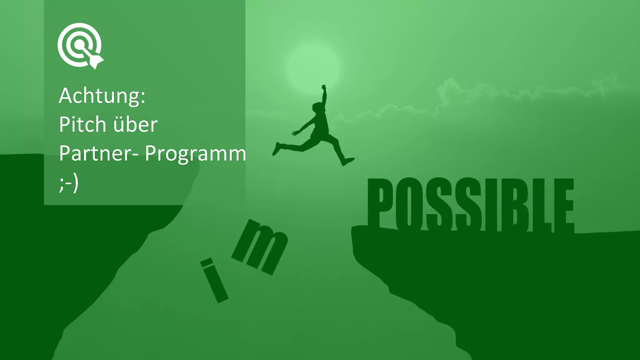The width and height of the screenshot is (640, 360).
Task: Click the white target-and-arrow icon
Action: [80, 46]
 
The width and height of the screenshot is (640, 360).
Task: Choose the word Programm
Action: [195, 154]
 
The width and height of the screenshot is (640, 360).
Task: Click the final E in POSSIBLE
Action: [564, 206]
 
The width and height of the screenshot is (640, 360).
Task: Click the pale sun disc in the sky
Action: [313, 69]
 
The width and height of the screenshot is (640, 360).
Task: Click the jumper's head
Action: [317, 107]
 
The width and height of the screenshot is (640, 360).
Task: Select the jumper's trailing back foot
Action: [276, 148]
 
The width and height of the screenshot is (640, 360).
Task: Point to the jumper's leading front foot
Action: [348, 161]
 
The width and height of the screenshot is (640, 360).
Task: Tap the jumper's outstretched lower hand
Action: [294, 133]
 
